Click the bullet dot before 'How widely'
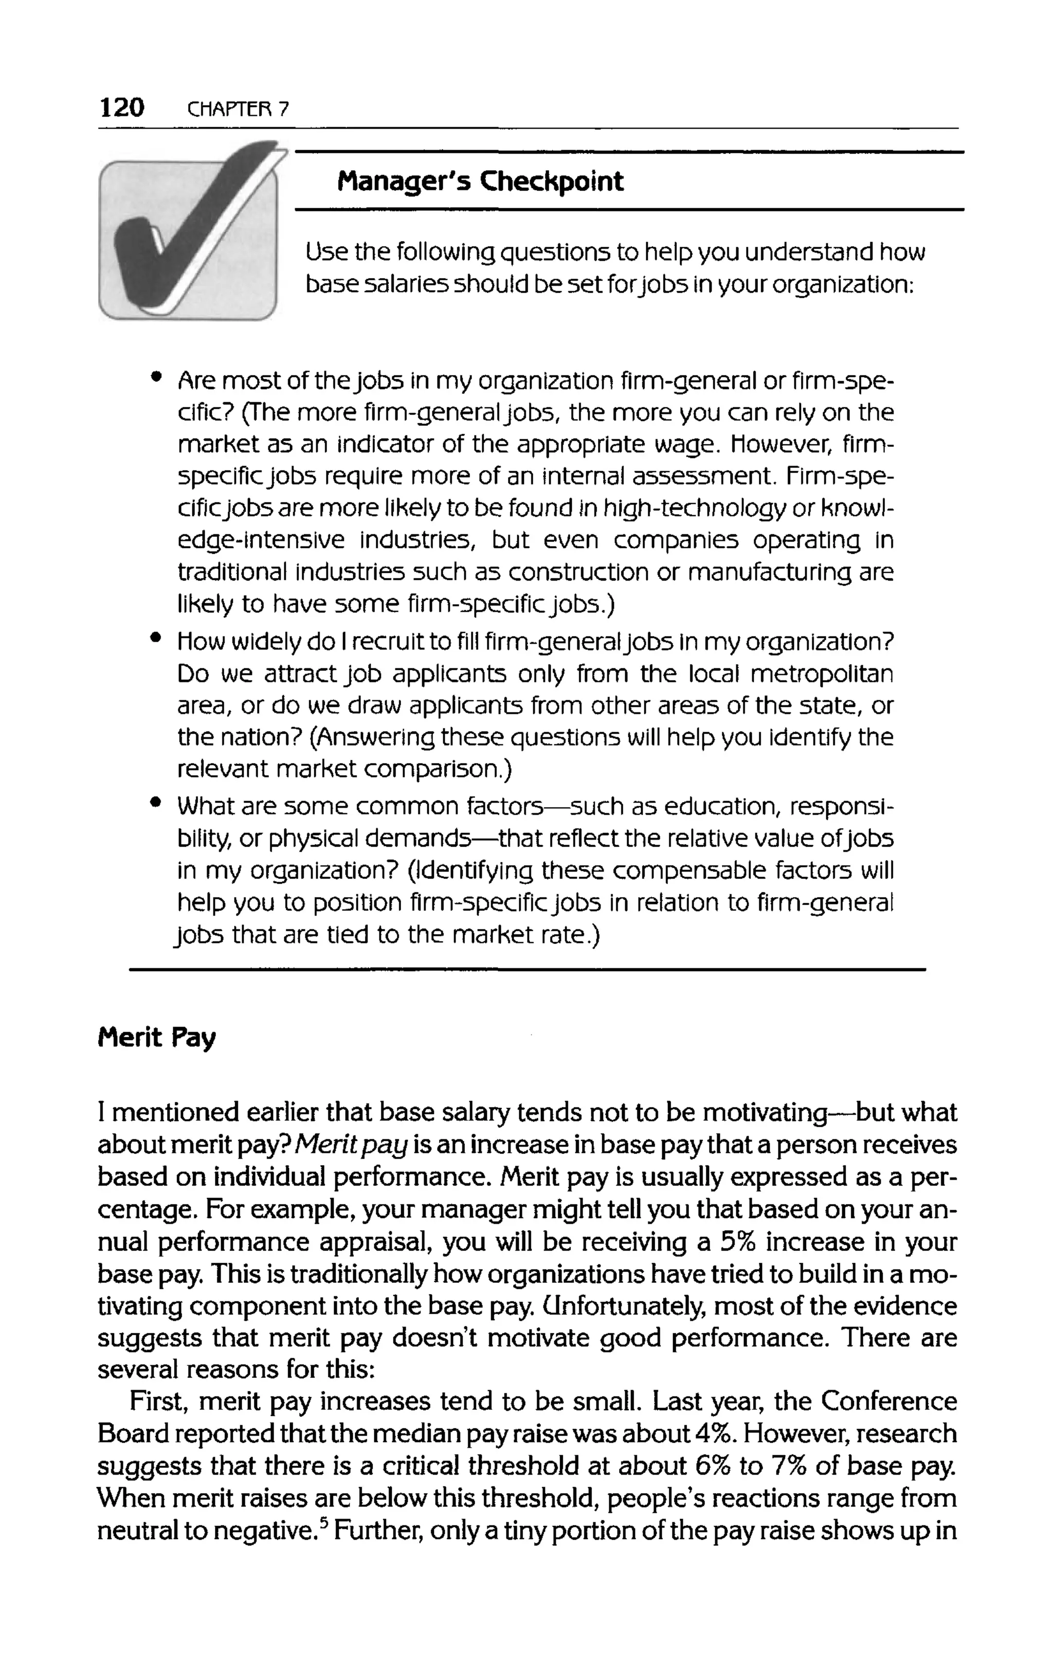pyautogui.click(x=157, y=638)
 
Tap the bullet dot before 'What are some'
pyautogui.click(x=157, y=802)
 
